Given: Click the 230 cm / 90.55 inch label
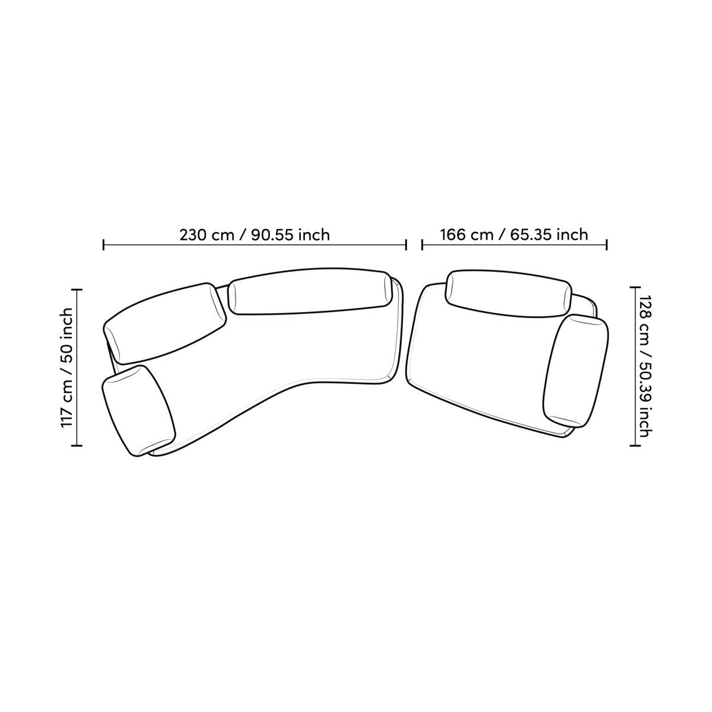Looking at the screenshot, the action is click(255, 235).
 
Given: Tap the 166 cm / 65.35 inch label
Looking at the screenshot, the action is click(514, 234).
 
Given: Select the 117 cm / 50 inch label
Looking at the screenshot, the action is click(66, 368).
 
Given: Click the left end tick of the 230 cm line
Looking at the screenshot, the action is click(103, 244).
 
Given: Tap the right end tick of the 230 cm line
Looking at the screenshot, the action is click(406, 244).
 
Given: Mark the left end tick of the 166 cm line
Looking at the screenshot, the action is click(422, 244).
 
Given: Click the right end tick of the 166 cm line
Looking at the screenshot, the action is click(607, 244).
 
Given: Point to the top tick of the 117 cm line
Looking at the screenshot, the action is click(77, 290).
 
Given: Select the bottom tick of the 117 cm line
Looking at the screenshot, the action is click(77, 446).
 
